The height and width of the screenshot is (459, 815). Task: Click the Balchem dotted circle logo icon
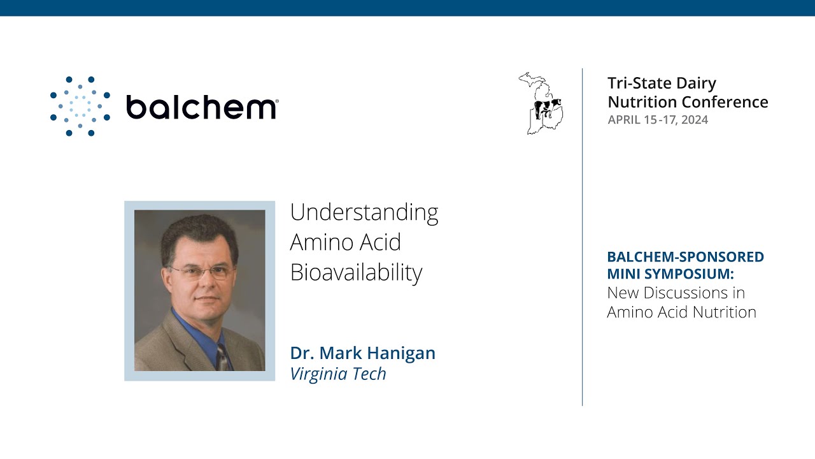(80, 106)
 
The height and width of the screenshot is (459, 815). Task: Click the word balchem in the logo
(201, 106)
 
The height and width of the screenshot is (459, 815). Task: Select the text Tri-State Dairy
(662, 84)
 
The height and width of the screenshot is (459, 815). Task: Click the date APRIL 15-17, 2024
(658, 120)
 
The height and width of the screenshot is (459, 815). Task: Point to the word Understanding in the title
(364, 212)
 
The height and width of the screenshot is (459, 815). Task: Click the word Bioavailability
(356, 273)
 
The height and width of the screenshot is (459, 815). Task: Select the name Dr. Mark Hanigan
(362, 353)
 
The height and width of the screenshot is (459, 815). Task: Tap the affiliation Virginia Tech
(338, 374)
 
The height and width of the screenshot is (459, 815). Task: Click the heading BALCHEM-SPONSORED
(685, 257)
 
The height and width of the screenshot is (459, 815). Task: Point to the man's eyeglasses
(201, 272)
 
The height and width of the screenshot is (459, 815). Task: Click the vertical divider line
(582, 236)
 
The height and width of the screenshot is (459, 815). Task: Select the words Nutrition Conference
(688, 102)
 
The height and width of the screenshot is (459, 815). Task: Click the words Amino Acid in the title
(345, 243)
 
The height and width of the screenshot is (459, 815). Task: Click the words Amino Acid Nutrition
(681, 312)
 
